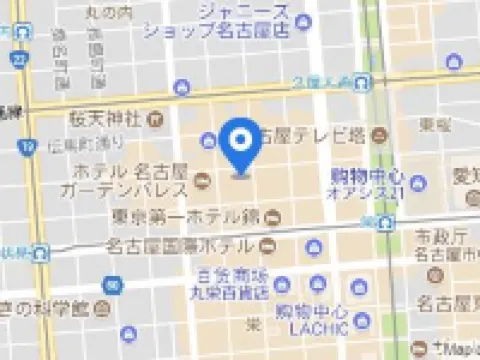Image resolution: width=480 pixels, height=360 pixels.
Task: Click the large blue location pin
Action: pyautogui.click(x=240, y=147)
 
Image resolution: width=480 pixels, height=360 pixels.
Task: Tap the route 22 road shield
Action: pyautogui.click(x=23, y=61)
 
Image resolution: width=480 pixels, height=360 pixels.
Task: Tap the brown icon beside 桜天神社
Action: pyautogui.click(x=155, y=120)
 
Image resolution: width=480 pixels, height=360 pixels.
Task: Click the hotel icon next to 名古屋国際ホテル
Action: pyautogui.click(x=266, y=243)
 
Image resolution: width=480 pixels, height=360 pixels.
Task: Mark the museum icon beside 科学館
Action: pyautogui.click(x=127, y=333)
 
